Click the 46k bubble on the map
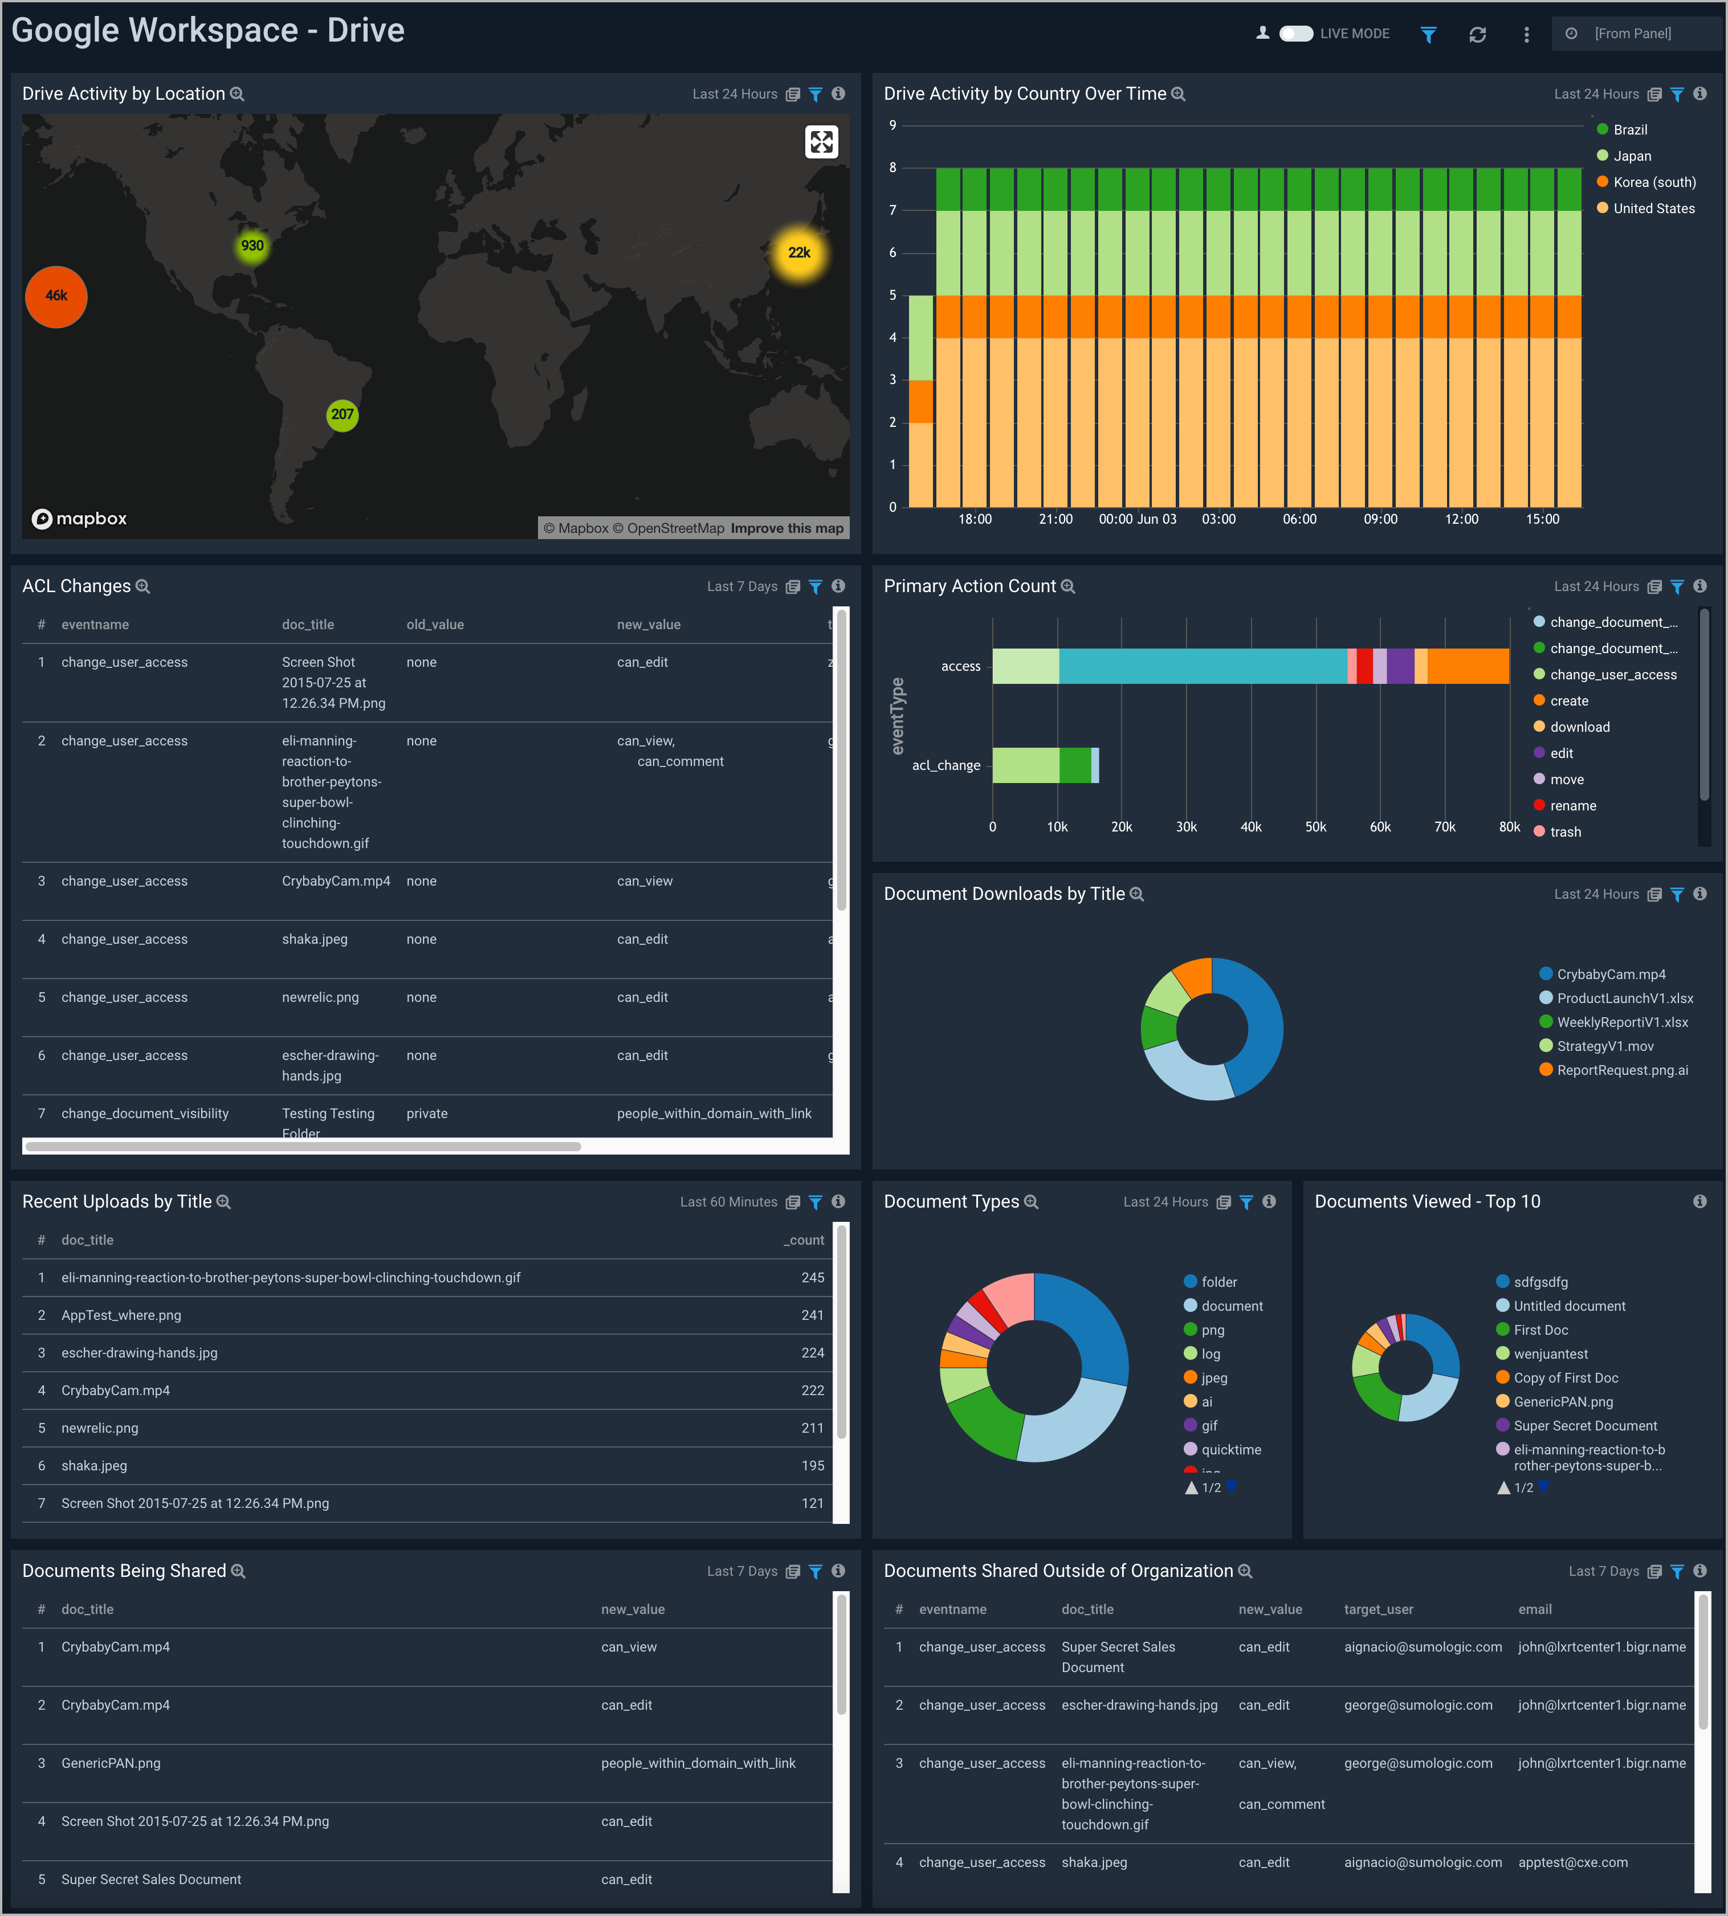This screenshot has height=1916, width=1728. click(56, 296)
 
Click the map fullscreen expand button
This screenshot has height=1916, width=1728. click(821, 142)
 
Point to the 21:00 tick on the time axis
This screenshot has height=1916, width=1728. click(1056, 519)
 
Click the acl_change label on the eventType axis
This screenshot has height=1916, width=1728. click(945, 765)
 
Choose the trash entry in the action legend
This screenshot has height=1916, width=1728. click(1564, 831)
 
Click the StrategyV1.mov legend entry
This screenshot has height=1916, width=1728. click(1604, 1046)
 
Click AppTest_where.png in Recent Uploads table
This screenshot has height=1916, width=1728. click(121, 1315)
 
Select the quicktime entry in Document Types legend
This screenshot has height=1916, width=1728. click(1230, 1450)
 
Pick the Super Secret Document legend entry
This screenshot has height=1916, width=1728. click(1584, 1426)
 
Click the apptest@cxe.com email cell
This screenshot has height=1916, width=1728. click(1572, 1863)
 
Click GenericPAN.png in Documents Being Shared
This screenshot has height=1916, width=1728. click(111, 1763)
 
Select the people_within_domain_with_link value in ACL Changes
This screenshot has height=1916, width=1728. click(714, 1114)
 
